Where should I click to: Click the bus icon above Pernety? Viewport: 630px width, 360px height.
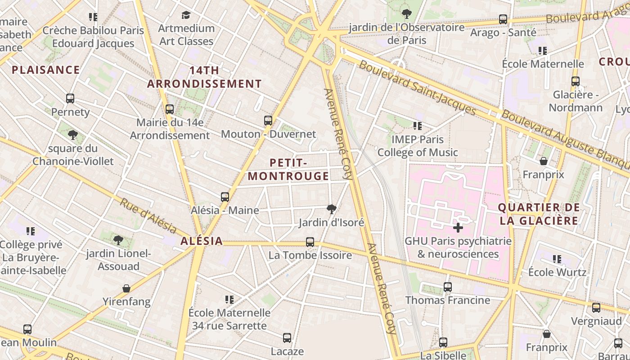click(70, 99)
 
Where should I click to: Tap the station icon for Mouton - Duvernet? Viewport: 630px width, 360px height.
click(268, 121)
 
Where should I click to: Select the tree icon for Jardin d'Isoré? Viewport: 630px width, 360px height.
click(332, 209)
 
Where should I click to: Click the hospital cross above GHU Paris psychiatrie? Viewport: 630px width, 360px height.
click(458, 228)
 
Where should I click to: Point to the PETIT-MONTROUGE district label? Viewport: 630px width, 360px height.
click(288, 169)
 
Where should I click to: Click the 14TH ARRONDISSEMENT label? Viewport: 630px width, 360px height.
click(204, 77)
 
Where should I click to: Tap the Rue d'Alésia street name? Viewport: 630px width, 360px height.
click(148, 215)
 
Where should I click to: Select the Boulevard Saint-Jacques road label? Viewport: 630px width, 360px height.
click(417, 87)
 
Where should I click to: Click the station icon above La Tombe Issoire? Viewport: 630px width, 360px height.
click(310, 242)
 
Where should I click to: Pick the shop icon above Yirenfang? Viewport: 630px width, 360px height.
click(126, 288)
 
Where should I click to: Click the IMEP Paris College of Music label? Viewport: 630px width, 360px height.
click(418, 146)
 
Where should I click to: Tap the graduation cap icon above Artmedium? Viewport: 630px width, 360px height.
click(186, 15)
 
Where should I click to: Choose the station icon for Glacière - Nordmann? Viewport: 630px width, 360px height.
click(576, 81)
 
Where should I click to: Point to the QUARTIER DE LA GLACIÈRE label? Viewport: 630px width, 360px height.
click(539, 214)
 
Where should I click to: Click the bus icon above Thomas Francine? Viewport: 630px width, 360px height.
click(447, 287)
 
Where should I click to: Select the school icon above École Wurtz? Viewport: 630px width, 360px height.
click(557, 259)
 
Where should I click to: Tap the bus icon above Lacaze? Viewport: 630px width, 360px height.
click(287, 338)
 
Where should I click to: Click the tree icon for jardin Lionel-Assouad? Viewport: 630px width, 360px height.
click(118, 240)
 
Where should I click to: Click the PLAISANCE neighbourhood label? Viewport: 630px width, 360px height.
click(46, 70)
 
